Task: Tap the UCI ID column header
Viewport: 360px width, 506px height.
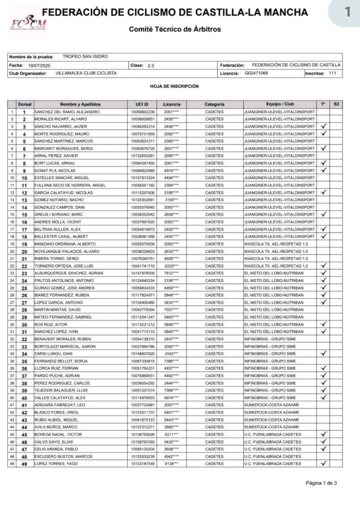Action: point(142,104)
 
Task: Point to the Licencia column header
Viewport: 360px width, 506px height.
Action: point(172,104)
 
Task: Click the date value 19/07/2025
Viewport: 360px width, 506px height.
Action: point(40,65)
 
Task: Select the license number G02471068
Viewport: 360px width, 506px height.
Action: point(256,73)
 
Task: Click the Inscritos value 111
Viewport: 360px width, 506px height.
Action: point(332,73)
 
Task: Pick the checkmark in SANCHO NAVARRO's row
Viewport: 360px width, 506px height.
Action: point(323,127)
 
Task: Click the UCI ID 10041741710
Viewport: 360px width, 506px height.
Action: point(143,266)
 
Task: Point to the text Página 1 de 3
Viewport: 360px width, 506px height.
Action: point(321,483)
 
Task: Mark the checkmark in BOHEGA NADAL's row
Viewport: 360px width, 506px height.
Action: point(323,434)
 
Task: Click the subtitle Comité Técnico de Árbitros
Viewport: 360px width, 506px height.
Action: point(175,29)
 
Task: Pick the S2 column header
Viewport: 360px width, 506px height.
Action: point(336,104)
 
